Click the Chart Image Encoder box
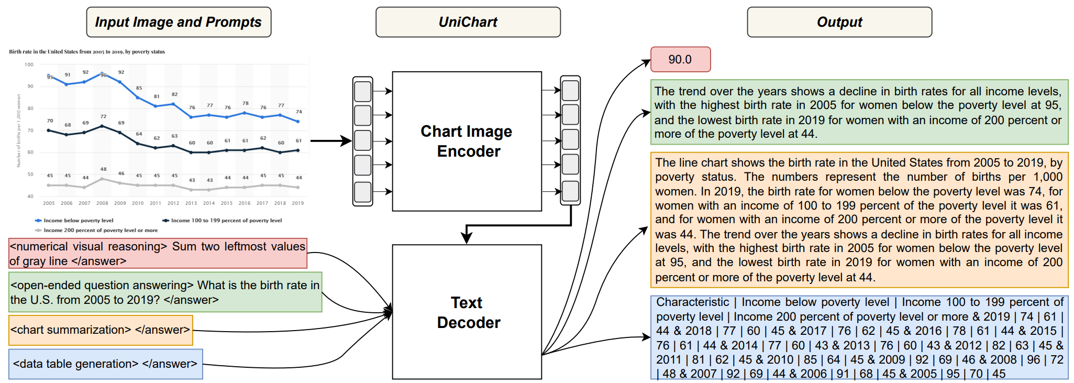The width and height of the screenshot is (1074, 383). (467, 141)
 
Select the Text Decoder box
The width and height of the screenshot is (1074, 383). (467, 312)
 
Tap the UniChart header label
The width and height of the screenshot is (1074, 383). (468, 22)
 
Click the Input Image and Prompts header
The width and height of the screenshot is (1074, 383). (179, 22)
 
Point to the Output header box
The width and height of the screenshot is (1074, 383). (839, 22)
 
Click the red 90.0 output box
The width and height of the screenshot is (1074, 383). (680, 59)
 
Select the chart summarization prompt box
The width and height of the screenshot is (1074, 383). (101, 330)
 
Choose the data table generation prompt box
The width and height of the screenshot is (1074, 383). (105, 364)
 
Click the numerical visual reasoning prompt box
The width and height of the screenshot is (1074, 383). (158, 254)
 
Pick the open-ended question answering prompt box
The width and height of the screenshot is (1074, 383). (165, 292)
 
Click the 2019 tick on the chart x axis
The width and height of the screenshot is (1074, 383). (297, 203)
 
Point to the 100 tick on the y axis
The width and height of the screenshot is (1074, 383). (29, 64)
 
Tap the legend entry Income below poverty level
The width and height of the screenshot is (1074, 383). (78, 221)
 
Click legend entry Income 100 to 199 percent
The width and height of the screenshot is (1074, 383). (226, 221)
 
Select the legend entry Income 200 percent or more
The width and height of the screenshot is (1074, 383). (100, 231)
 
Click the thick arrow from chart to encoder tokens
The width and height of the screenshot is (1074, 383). (330, 141)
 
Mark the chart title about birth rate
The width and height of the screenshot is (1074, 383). (87, 52)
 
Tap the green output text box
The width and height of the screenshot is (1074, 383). (859, 112)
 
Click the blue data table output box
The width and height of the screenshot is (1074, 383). (859, 337)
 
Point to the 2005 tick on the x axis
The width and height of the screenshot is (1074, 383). (49, 203)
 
